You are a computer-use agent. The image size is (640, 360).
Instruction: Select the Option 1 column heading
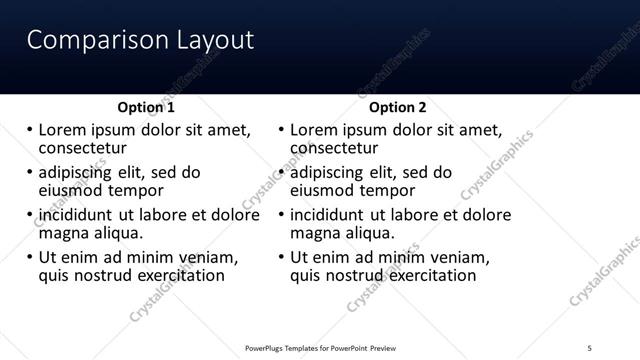(146, 107)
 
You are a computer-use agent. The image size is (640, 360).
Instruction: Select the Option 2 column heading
(397, 107)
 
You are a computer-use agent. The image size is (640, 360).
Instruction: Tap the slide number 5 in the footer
(590, 347)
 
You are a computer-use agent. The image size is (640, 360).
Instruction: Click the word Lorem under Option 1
(62, 130)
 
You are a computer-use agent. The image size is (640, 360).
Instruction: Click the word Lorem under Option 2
(313, 130)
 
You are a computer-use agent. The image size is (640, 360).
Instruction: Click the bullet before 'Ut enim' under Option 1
(29, 257)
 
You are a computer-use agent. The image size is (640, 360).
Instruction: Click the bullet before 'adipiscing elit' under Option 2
(281, 172)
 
